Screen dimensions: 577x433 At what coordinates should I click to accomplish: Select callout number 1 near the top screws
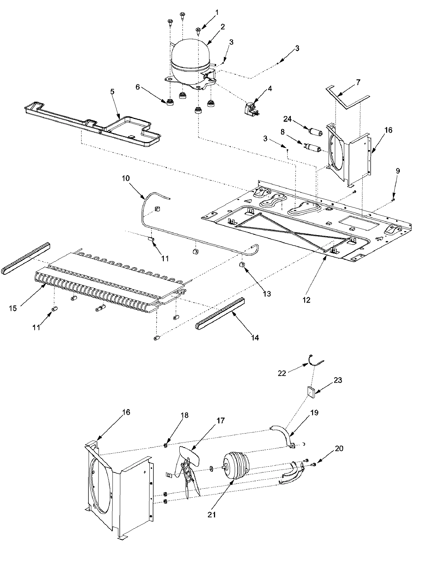click(x=217, y=13)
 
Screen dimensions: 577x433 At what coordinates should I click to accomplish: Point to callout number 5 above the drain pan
click(x=112, y=82)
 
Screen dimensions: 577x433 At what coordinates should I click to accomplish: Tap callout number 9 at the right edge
click(x=397, y=171)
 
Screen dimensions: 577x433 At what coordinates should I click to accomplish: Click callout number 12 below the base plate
click(x=306, y=300)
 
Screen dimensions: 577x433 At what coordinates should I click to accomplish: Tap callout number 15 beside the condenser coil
click(x=13, y=308)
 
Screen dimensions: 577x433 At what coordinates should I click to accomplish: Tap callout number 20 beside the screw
click(x=339, y=448)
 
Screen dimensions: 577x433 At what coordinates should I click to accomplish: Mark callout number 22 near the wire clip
click(x=282, y=373)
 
